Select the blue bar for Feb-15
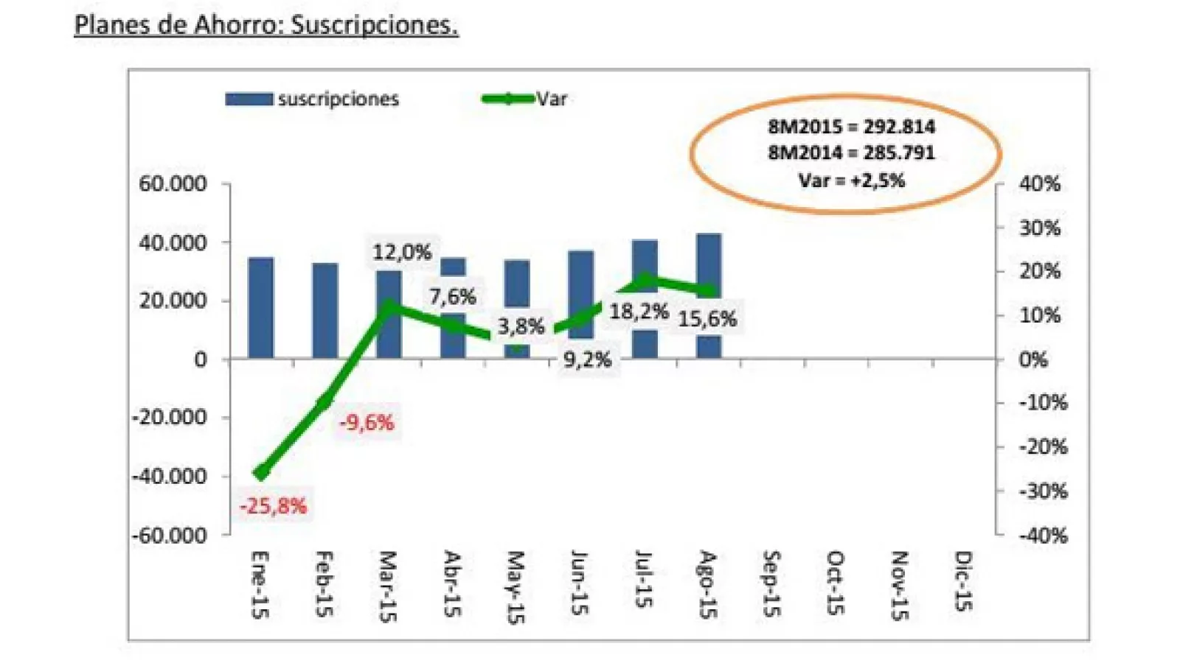pos(324,311)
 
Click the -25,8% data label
pos(273,506)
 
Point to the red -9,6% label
pos(367,423)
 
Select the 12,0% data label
pos(401,253)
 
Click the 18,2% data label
pos(639,312)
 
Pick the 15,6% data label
pos(707,319)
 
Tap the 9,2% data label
pos(587,360)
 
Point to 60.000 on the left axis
pos(173,183)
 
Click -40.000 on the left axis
pos(170,477)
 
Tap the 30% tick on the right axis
pos(1040,228)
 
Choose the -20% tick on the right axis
pos(1043,447)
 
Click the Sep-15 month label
pos(770,583)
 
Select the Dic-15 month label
pos(962,581)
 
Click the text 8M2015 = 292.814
pos(851,127)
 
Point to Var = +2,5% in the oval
pos(851,180)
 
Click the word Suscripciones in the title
pos(374,25)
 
